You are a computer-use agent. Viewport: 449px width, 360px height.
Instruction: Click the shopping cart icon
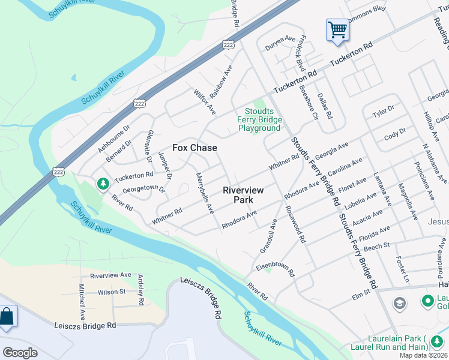click(337, 29)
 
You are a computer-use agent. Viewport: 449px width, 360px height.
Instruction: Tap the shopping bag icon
click(7, 317)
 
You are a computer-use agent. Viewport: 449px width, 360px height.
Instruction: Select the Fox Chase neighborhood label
click(194, 147)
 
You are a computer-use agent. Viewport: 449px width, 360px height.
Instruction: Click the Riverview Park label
click(243, 194)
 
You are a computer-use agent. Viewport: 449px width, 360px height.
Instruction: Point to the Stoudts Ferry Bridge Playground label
click(259, 119)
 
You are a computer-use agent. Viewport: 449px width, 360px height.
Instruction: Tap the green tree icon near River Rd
click(103, 182)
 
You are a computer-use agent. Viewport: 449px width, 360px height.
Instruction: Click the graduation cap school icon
click(399, 304)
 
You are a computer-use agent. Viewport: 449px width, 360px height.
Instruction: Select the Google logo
click(20, 353)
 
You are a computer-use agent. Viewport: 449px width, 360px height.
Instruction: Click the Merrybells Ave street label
click(205, 193)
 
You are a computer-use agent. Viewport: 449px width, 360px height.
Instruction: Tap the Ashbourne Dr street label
click(113, 139)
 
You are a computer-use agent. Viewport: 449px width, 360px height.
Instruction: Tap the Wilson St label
click(112, 292)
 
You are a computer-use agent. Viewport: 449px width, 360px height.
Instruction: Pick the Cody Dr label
click(395, 133)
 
